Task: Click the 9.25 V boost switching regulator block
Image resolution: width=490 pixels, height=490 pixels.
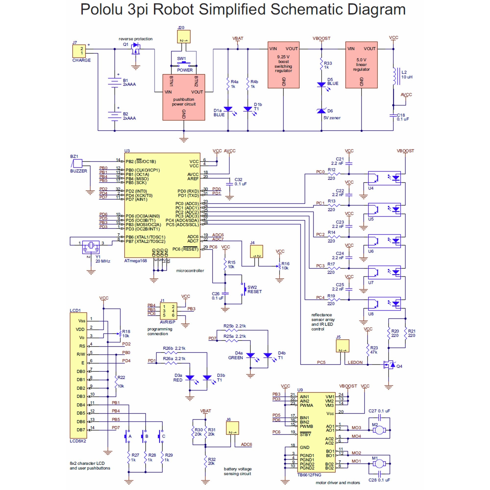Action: click(x=283, y=65)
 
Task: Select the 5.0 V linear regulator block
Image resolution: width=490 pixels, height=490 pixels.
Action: click(x=361, y=65)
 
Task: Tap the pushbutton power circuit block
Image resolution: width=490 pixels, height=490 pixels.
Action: click(x=184, y=97)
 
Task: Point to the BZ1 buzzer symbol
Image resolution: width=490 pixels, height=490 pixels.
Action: click(x=78, y=163)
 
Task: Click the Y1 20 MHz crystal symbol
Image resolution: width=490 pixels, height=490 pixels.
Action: click(x=91, y=245)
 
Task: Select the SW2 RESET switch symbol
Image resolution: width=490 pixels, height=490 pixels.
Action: click(x=244, y=289)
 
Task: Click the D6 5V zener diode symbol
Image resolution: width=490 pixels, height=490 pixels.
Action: click(x=321, y=111)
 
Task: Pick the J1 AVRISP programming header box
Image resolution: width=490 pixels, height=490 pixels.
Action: click(x=168, y=311)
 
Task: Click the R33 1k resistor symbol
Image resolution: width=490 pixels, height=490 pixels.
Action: click(x=321, y=65)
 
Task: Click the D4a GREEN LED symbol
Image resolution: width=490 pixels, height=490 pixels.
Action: click(x=250, y=355)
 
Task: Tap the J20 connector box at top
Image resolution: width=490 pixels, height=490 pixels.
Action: click(x=183, y=37)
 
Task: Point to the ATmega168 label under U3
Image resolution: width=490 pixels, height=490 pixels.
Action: click(x=135, y=261)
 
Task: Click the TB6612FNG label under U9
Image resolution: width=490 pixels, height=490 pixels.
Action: click(x=309, y=475)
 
